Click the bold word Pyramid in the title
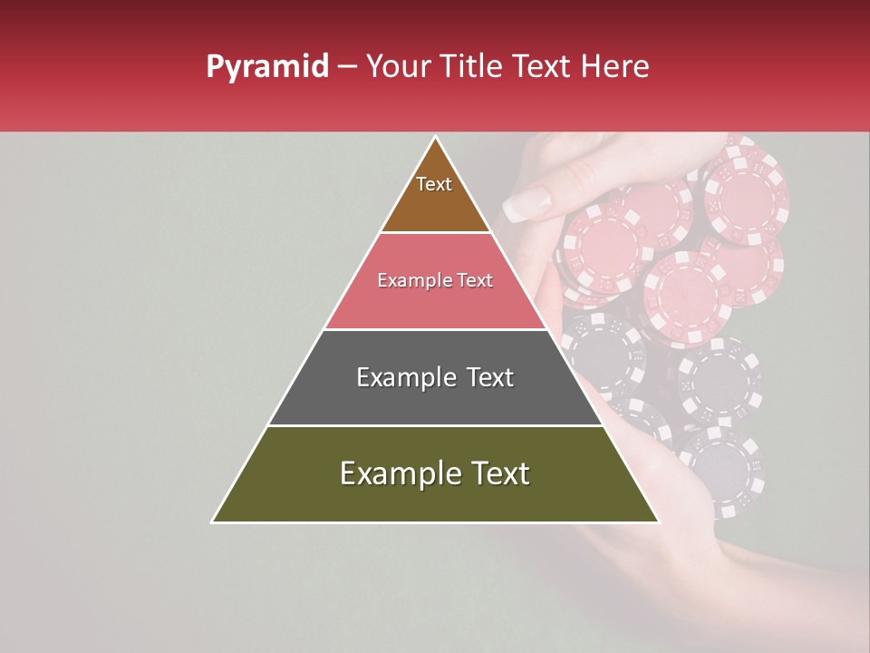click(267, 67)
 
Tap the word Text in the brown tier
click(434, 184)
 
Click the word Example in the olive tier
click(399, 473)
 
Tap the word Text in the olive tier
click(498, 473)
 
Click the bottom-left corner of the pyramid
click(213, 521)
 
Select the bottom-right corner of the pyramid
click(658, 521)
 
